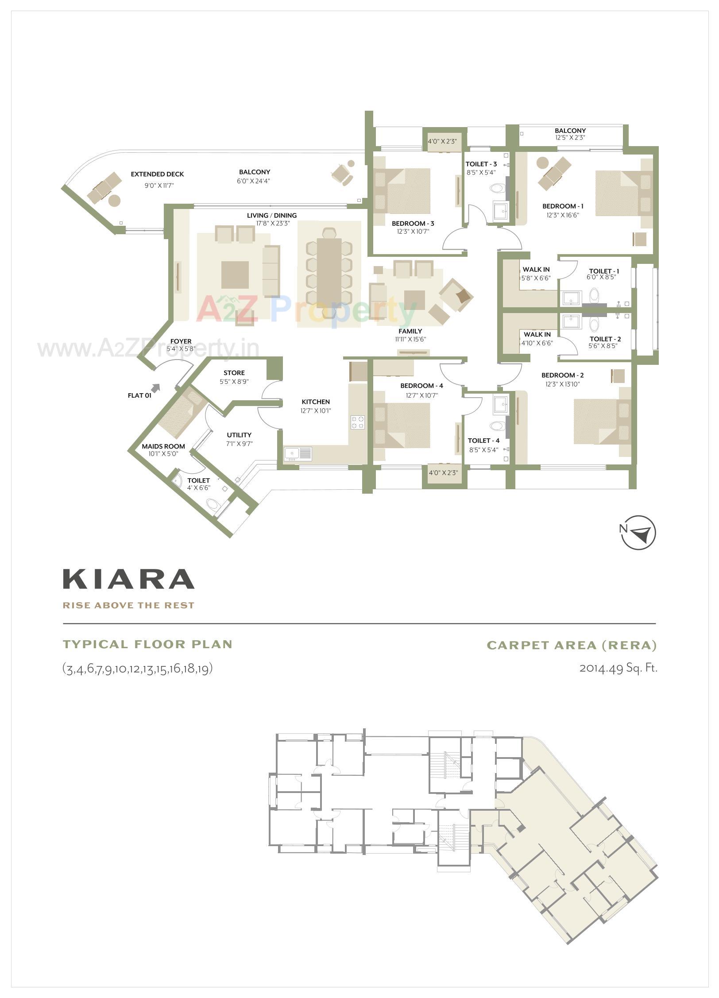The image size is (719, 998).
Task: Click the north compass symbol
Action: coord(638,533)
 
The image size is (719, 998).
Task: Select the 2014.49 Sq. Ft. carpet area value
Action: coord(618,668)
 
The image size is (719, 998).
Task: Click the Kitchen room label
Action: coord(316,402)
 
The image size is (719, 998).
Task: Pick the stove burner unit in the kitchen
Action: coord(358,422)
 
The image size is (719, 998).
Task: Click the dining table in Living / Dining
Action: coord(329,270)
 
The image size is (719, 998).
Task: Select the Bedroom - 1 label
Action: coord(563,206)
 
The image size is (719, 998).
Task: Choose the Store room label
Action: coord(234,373)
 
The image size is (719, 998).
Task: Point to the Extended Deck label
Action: coord(157,174)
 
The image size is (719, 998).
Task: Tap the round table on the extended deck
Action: coord(114,200)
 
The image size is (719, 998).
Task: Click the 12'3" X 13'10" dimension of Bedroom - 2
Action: coord(562,384)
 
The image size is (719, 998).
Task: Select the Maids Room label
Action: coord(163,446)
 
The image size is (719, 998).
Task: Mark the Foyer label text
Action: coord(181,341)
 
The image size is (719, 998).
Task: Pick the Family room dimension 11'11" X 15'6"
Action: coord(410,340)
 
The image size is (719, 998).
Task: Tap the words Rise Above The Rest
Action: coord(128,605)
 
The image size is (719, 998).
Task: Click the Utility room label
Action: coord(239,435)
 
